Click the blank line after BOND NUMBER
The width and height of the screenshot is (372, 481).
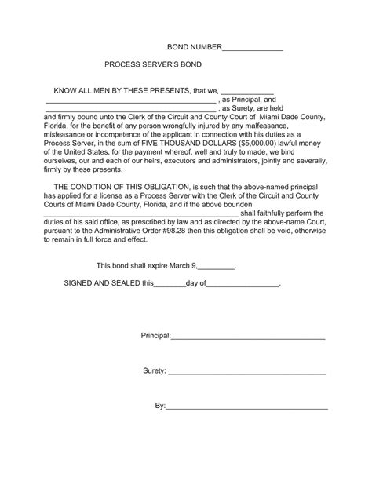pyautogui.click(x=253, y=50)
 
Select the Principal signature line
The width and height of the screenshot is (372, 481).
pyautogui.click(x=248, y=338)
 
